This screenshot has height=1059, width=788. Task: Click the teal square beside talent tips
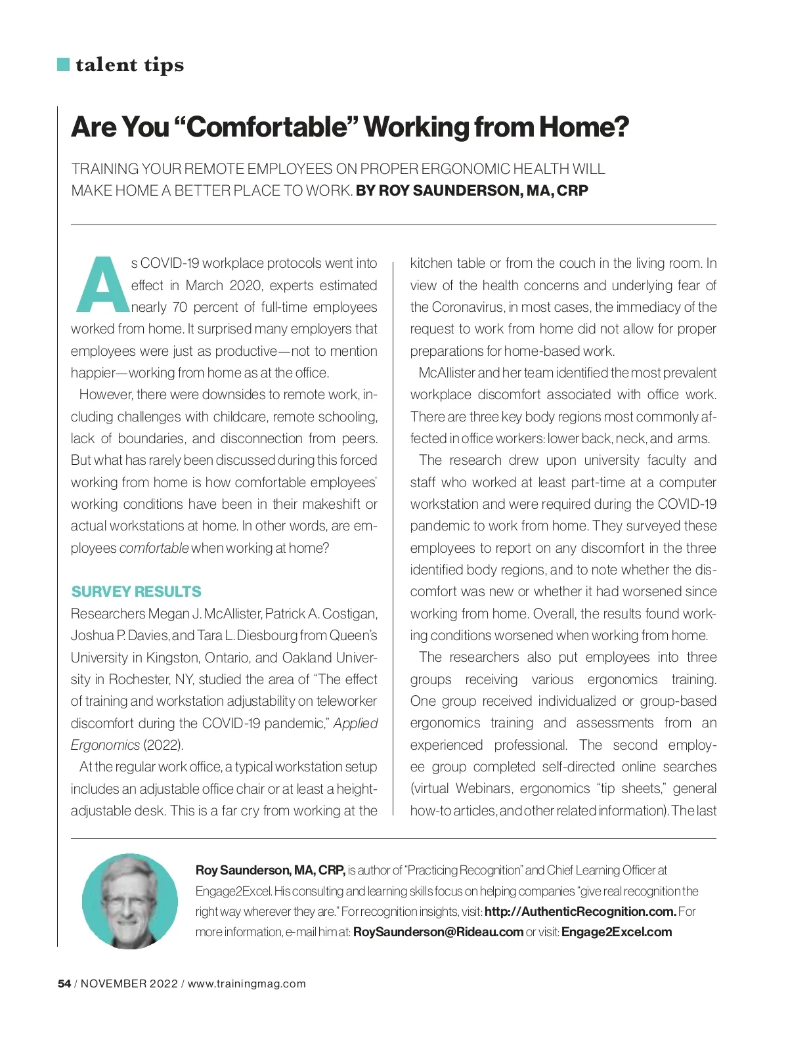(x=64, y=64)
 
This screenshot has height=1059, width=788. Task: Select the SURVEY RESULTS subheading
(x=136, y=592)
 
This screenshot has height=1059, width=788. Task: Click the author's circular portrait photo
(x=129, y=901)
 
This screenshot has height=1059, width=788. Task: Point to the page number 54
(x=64, y=983)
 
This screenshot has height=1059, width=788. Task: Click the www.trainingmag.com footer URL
(x=247, y=983)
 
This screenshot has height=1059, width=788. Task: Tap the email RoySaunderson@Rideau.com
(x=438, y=932)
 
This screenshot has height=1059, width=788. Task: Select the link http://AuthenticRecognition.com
(x=580, y=911)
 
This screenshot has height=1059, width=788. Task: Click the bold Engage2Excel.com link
(x=617, y=932)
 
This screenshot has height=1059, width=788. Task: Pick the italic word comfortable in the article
(x=154, y=548)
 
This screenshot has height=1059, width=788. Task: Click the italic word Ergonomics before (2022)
(x=105, y=745)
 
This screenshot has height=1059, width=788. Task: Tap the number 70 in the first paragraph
(x=180, y=307)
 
